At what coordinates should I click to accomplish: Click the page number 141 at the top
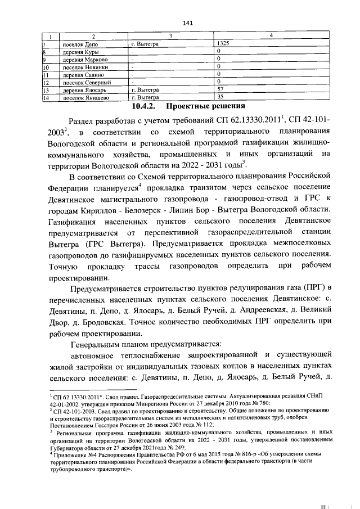click(188, 23)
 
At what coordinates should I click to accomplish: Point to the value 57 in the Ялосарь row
click(220, 89)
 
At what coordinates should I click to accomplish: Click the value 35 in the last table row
click(220, 97)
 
